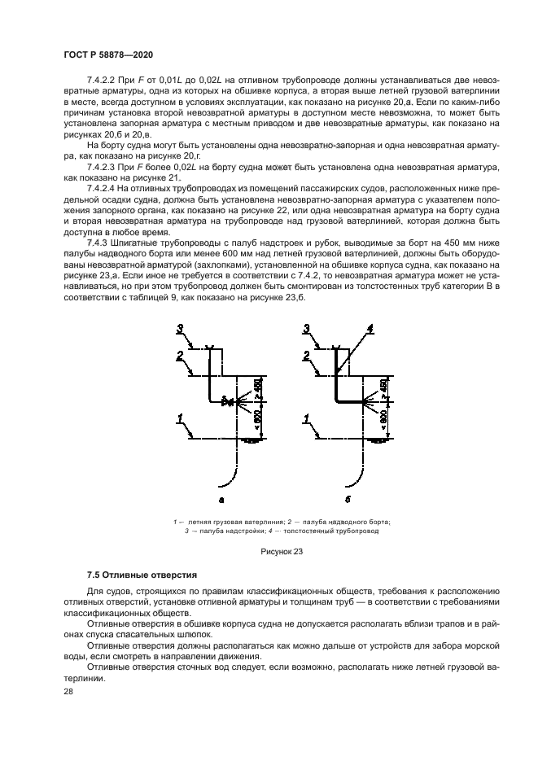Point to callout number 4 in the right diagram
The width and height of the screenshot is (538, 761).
370,330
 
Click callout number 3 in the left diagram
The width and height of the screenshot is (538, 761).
181,330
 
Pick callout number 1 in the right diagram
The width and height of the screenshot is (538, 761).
307,420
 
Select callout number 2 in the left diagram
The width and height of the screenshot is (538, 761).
180,356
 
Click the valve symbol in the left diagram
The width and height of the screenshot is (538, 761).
229,402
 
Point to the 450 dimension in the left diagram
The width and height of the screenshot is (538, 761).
260,388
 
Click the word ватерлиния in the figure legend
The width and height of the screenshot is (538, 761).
246,521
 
